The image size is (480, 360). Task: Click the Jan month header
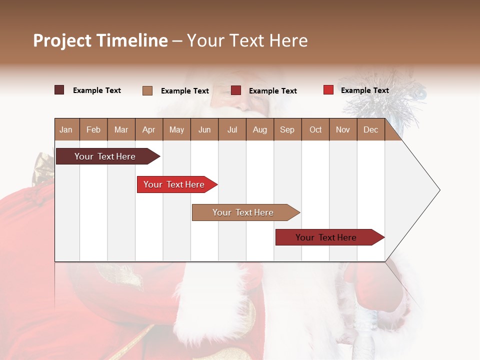point(66,129)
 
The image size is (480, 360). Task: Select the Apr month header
point(148,129)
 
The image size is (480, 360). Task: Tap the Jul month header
point(232,129)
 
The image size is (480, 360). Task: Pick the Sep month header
point(287,129)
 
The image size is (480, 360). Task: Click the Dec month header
point(370,129)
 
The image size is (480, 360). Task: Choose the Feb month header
point(93,129)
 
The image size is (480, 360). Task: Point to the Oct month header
point(315,129)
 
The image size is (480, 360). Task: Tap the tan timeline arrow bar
point(243,212)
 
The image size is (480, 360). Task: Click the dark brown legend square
point(59,90)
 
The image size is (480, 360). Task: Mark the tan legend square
point(147,90)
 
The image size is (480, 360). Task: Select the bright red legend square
point(328,90)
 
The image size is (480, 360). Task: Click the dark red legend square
point(236,90)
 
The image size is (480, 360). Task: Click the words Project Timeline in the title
point(100,40)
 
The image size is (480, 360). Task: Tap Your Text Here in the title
point(247,40)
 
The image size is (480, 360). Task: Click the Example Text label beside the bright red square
point(364,90)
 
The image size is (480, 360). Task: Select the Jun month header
point(204,129)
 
